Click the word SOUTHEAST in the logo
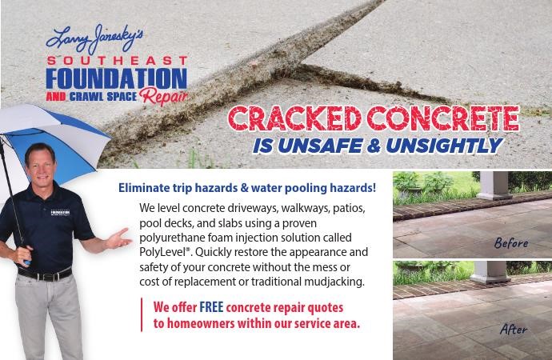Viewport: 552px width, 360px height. pos(118,61)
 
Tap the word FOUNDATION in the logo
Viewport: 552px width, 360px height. pos(117,78)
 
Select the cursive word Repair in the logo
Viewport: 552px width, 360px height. pos(163,96)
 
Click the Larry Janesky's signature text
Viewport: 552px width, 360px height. pos(94,38)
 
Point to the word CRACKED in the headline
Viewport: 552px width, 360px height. pos(294,118)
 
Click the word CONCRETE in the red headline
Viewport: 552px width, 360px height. pos(443,118)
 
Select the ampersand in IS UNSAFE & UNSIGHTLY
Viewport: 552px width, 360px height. pos(374,146)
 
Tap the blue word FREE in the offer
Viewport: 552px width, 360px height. pos(211,307)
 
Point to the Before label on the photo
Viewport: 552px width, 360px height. pos(511,243)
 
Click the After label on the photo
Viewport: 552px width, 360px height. pos(514,329)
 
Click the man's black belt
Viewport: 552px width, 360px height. pos(45,274)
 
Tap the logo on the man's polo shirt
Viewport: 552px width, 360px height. pos(60,213)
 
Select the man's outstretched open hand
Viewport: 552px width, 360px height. pos(118,240)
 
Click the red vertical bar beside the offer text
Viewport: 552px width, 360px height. pos(142,314)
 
